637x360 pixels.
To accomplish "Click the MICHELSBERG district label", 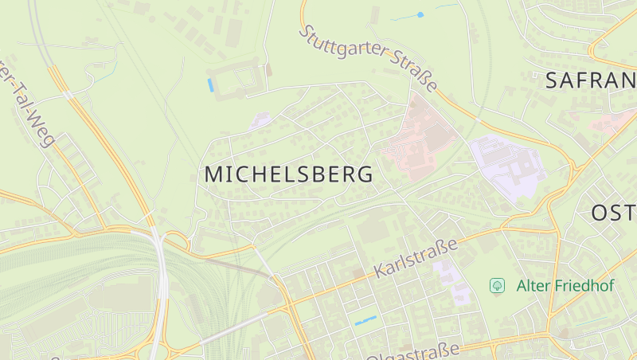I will pyautogui.click(x=288, y=174).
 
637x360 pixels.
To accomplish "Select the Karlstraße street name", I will pyautogui.click(x=416, y=257).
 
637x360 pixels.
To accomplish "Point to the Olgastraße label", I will pyautogui.click(x=414, y=352).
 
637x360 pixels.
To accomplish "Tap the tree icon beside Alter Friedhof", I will pyautogui.click(x=498, y=285).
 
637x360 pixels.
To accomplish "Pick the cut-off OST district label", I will pyautogui.click(x=613, y=213).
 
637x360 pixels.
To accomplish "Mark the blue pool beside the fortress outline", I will pyautogui.click(x=210, y=84).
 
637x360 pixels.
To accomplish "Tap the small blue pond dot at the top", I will pyautogui.click(x=420, y=14).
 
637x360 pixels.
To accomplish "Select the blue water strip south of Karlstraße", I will pyautogui.click(x=365, y=320).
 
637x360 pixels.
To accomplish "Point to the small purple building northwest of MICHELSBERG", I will pyautogui.click(x=260, y=120).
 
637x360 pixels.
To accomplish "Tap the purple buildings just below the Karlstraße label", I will pyautogui.click(x=451, y=283).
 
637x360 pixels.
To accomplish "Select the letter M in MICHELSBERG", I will pyautogui.click(x=214, y=174).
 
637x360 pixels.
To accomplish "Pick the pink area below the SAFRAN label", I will pyautogui.click(x=613, y=122).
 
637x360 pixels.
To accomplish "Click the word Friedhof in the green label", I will pyautogui.click(x=573, y=285).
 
